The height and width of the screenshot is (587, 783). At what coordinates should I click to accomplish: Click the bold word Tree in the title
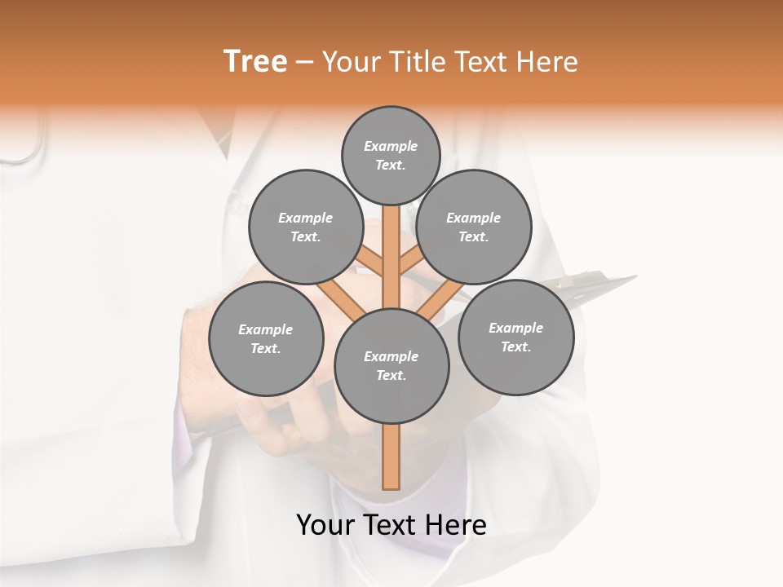coord(255,61)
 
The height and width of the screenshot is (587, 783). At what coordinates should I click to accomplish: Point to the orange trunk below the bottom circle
coord(391,457)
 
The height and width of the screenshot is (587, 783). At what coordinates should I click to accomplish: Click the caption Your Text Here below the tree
coord(391,525)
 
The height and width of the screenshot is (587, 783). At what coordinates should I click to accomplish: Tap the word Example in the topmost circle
coord(391,146)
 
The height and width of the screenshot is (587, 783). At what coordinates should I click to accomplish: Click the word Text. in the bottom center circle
coord(391,375)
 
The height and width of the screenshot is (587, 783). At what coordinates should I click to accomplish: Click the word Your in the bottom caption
coord(325,525)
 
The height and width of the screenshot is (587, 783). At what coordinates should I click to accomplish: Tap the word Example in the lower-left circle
coord(265,329)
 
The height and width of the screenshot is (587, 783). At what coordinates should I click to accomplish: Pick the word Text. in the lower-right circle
coord(515,346)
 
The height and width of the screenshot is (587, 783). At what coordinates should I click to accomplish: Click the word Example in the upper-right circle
coord(474,218)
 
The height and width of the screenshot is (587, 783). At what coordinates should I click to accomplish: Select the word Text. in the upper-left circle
coord(306,236)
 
